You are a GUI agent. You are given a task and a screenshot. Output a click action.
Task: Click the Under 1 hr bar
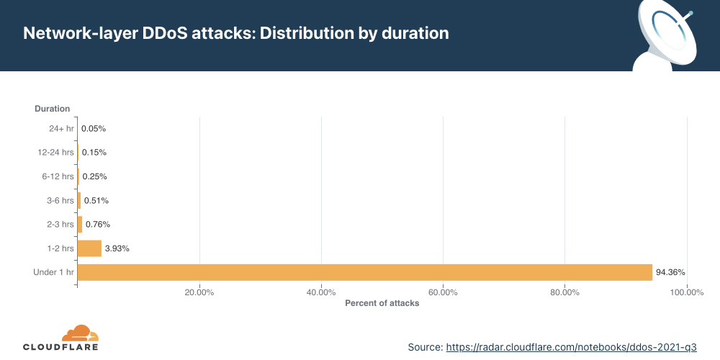click(x=365, y=272)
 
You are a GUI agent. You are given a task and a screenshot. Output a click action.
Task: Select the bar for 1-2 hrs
click(x=89, y=248)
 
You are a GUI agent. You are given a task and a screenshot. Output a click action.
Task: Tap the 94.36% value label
click(x=670, y=272)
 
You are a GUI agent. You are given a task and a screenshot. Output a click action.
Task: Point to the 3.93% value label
click(x=117, y=248)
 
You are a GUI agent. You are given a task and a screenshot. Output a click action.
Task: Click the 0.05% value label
click(x=94, y=129)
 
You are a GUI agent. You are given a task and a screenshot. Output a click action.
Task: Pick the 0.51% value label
click(x=96, y=200)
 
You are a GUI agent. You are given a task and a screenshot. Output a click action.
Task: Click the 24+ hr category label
click(x=61, y=129)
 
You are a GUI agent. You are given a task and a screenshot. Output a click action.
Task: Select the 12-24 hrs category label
click(x=55, y=153)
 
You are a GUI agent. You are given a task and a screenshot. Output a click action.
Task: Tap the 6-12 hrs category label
click(x=58, y=176)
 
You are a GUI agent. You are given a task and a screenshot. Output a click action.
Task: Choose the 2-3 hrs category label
click(x=60, y=225)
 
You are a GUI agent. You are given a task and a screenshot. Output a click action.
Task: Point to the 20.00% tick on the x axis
click(x=199, y=292)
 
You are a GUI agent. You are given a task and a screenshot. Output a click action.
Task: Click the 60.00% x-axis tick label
click(x=443, y=292)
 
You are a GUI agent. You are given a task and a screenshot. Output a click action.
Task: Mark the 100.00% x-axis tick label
click(x=686, y=292)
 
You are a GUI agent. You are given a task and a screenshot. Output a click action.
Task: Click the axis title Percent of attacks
click(x=382, y=303)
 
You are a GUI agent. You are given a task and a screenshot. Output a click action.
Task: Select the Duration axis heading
click(x=53, y=109)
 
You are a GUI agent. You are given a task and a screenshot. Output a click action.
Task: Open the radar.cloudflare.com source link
click(x=571, y=347)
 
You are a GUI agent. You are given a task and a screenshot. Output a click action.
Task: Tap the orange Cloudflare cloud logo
click(x=81, y=333)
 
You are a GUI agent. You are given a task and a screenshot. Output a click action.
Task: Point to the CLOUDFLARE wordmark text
click(x=60, y=347)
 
